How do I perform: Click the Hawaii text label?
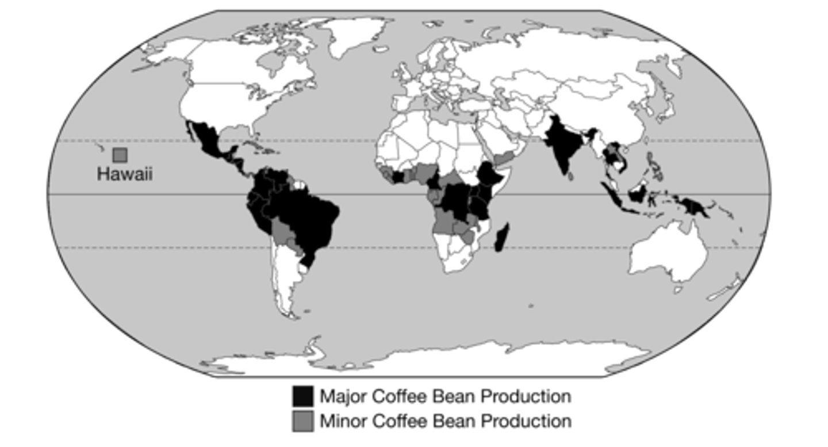pyautogui.click(x=125, y=174)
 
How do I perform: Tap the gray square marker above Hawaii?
pyautogui.click(x=120, y=155)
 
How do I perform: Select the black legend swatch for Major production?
pyautogui.click(x=302, y=396)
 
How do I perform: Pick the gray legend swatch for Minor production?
pyautogui.click(x=302, y=421)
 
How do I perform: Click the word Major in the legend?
pyautogui.click(x=343, y=396)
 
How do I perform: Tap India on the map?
pyautogui.click(x=561, y=147)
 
